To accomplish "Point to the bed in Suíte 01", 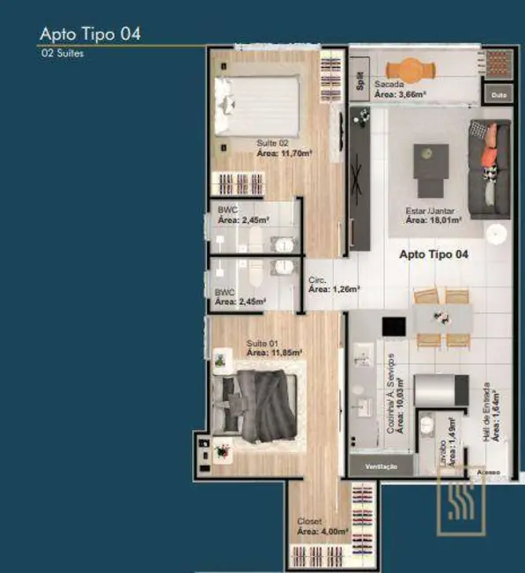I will click(x=256, y=404).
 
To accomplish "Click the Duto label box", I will click(x=499, y=93).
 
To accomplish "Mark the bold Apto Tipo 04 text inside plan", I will click(x=433, y=254).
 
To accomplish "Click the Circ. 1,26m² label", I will click(x=333, y=284).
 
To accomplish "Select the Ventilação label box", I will click(x=381, y=465).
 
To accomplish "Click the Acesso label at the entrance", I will click(x=489, y=473).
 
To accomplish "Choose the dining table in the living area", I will click(x=441, y=316).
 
